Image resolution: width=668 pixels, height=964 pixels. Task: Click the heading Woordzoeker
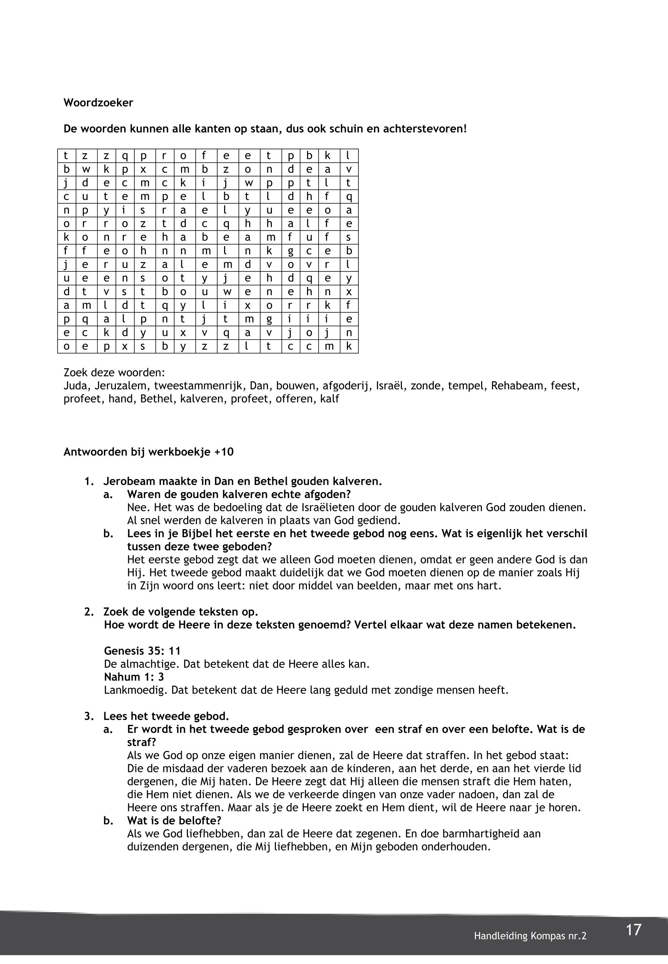pyautogui.click(x=98, y=103)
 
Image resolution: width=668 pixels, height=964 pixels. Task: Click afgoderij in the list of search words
pyautogui.click(x=347, y=386)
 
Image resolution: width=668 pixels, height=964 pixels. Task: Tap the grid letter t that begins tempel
pyautogui.click(x=106, y=196)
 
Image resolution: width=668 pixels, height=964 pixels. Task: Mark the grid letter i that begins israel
pyautogui.click(x=124, y=210)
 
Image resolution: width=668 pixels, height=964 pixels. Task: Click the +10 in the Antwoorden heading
pyautogui.click(x=224, y=452)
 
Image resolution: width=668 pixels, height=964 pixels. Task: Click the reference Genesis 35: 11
pyautogui.click(x=142, y=651)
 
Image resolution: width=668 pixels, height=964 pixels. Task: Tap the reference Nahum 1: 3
pyautogui.click(x=134, y=677)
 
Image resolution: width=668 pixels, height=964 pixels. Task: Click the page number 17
pyautogui.click(x=633, y=929)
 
